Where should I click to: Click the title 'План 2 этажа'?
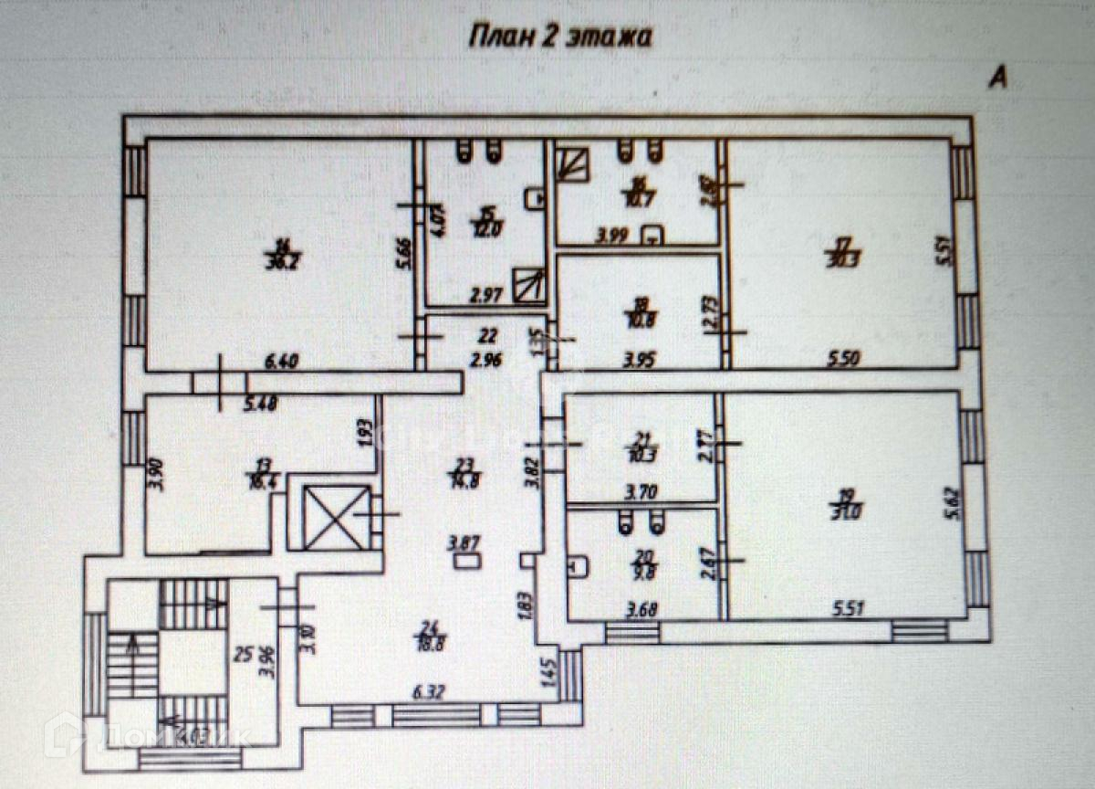tap(560, 37)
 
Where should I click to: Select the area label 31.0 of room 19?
tap(850, 512)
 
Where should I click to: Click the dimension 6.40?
tap(282, 363)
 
